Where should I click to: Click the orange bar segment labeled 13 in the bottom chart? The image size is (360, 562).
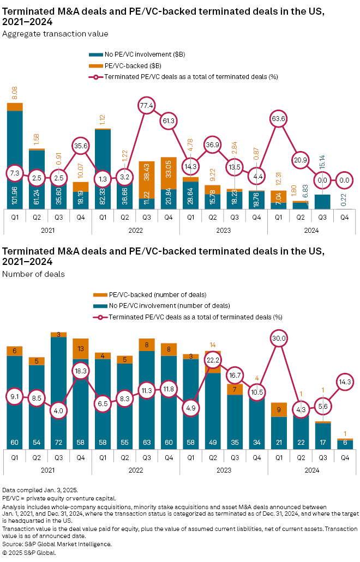tap(81, 349)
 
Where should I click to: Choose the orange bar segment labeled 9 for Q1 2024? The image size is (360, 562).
tap(279, 410)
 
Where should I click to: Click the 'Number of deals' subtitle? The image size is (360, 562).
tap(34, 274)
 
